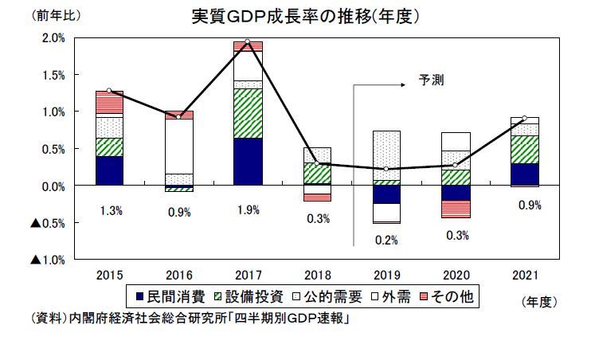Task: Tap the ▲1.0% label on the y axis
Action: click(47, 260)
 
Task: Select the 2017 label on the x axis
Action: click(248, 275)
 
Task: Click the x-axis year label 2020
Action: click(456, 275)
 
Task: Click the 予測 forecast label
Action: click(432, 80)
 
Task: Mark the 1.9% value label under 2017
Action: click(248, 211)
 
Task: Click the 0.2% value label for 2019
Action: click(386, 239)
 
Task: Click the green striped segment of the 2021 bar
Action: click(525, 149)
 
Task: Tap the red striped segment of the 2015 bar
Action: click(109, 103)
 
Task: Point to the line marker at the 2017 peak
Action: click(248, 41)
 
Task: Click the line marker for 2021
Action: click(525, 119)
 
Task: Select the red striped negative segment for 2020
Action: click(456, 209)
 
